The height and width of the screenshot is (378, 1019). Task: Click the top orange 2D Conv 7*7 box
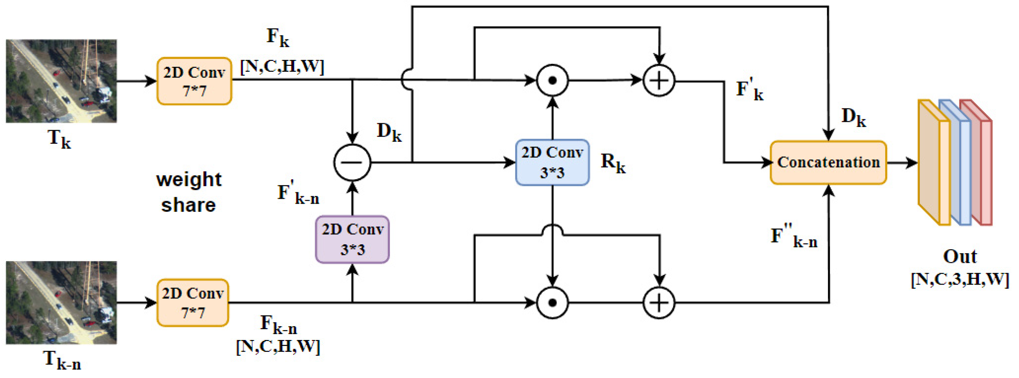coord(194,81)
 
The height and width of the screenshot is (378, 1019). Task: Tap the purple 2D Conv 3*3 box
coord(352,239)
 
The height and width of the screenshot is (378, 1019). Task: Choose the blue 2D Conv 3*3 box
coord(552,162)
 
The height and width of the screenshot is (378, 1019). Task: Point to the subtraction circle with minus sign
coord(352,162)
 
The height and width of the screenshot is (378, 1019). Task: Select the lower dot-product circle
coord(552,303)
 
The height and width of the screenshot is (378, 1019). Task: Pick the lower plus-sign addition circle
coord(658,303)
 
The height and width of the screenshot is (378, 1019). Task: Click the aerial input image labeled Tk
coord(61,81)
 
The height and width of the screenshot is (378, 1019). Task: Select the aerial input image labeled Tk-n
coord(61,302)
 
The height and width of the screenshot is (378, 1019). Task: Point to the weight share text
coord(189,192)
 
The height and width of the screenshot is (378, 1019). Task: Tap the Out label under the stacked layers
coord(960,256)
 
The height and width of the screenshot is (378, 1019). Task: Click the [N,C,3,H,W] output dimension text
coord(960,279)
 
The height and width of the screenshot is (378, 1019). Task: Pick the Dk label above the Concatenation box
coord(853,117)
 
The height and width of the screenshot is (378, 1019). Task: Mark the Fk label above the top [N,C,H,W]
coord(278,38)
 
